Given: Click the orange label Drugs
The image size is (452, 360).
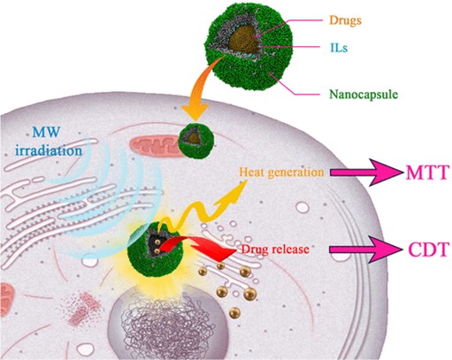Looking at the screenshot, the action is click(345, 20).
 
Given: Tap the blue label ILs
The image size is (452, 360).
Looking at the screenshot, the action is click(339, 48).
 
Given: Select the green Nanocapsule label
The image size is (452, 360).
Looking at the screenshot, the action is click(364, 95).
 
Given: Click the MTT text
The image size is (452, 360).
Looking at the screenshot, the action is click(428, 172).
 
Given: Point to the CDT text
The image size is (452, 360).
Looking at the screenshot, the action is click(429, 249).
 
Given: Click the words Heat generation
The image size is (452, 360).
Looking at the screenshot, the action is click(281, 172).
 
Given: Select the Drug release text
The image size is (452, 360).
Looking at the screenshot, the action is click(275, 249).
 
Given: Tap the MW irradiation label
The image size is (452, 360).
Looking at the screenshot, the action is click(49, 142).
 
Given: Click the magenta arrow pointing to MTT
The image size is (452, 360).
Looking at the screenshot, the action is click(365, 172).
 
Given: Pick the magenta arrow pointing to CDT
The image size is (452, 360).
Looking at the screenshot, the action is click(365, 249).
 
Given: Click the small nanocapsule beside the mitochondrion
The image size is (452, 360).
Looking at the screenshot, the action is click(195, 141).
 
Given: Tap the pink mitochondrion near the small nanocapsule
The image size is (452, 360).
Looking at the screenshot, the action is click(155, 146).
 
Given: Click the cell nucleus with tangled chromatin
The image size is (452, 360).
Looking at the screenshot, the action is click(168, 321).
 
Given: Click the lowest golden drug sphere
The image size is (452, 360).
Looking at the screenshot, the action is click(234, 312).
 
